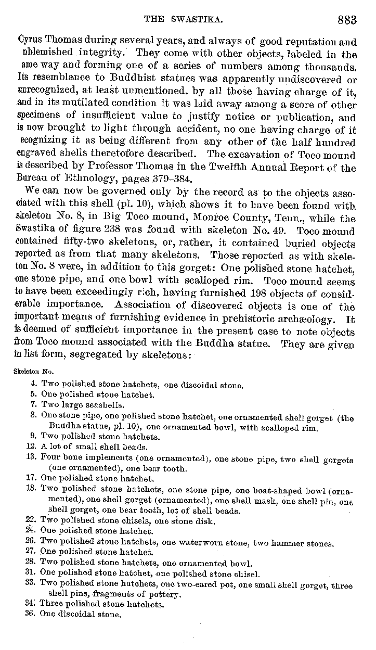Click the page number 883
coord(347,20)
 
